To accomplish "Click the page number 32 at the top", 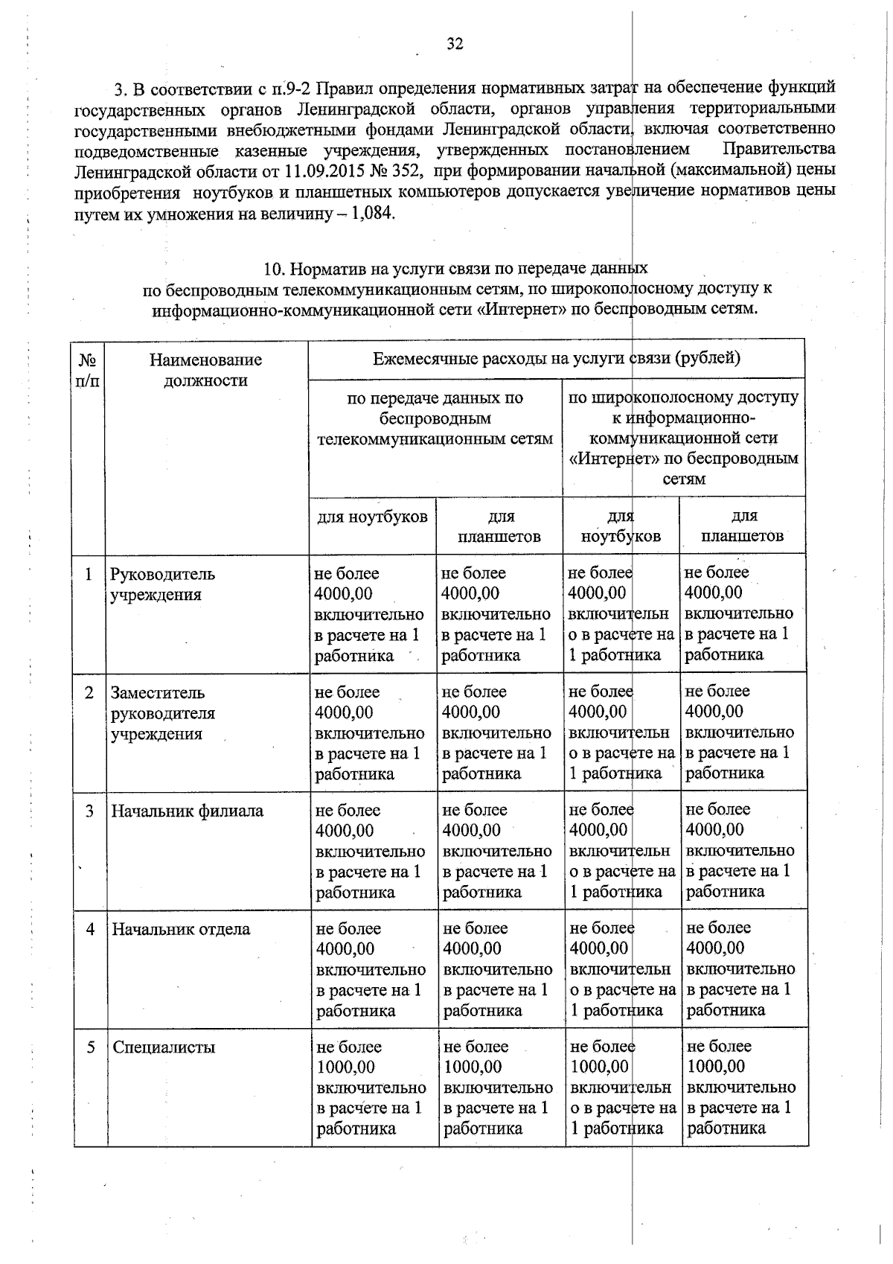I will pyautogui.click(x=455, y=44).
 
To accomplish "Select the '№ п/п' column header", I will pyautogui.click(x=89, y=370).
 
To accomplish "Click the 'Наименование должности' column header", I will pyautogui.click(x=205, y=370).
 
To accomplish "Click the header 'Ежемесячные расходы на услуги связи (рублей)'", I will pyautogui.click(x=556, y=359).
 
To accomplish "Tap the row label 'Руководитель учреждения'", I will pyautogui.click(x=162, y=584).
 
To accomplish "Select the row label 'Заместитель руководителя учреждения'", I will pyautogui.click(x=162, y=713).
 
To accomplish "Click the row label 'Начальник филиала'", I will pyautogui.click(x=187, y=811).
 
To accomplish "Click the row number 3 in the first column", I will pyautogui.click(x=89, y=811).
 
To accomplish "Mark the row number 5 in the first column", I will pyautogui.click(x=90, y=1047).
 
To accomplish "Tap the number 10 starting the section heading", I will pyautogui.click(x=273, y=268).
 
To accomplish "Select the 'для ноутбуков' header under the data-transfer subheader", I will pyautogui.click(x=372, y=517).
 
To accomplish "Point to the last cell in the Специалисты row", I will pyautogui.click(x=741, y=1087).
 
